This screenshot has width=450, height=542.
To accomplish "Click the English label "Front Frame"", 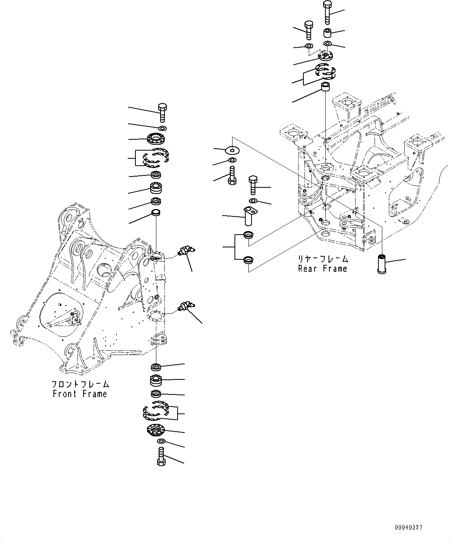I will tap(80, 394).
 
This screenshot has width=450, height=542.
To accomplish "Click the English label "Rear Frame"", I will tap(322, 269).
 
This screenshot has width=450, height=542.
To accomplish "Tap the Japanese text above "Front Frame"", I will tap(80, 384).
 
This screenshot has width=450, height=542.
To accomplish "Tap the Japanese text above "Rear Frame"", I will tap(322, 259).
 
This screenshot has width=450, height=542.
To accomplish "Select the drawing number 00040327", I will tap(409, 527).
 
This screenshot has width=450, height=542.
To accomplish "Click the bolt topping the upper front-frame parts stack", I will tap(163, 112).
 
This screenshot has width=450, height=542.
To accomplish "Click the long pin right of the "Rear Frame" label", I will tap(382, 263).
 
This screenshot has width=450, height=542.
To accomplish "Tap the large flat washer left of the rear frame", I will tap(232, 149).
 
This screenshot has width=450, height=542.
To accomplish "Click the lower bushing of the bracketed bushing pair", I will tap(248, 261).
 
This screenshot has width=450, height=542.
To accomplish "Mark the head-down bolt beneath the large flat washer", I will tap(232, 175).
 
